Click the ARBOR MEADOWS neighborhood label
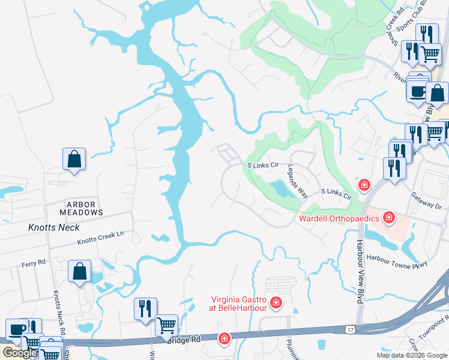pyautogui.click(x=81, y=209)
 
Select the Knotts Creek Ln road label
pyautogui.click(x=100, y=242)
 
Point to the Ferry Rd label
pyautogui.click(x=34, y=262)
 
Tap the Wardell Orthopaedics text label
pyautogui.click(x=339, y=219)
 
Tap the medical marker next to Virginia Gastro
pyautogui.click(x=276, y=302)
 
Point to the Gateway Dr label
pyautogui.click(x=426, y=205)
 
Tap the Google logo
pyautogui.click(x=19, y=353)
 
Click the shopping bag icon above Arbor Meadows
pyautogui.click(x=74, y=160)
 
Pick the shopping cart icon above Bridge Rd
pyautogui.click(x=166, y=326)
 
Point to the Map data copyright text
pyautogui.click(x=411, y=355)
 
